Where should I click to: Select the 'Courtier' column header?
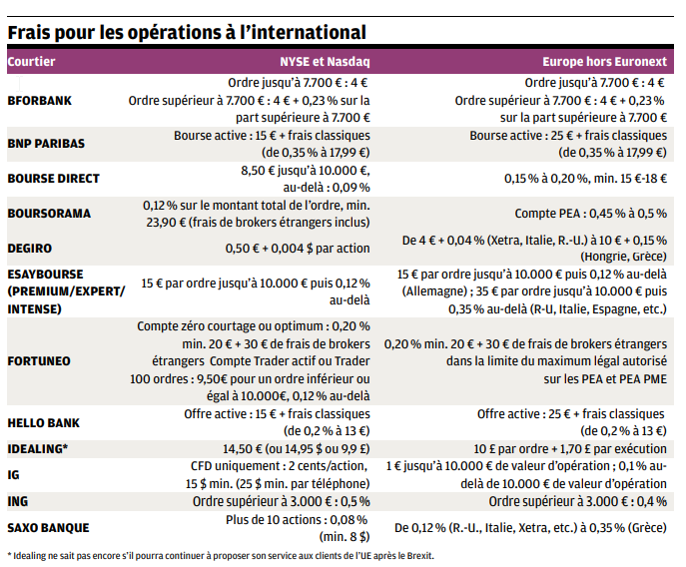[31, 62]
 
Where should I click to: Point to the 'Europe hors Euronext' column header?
[603, 62]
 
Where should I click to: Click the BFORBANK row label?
[40, 101]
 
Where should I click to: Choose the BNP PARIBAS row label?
[46, 143]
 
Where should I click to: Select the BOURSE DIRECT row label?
[53, 179]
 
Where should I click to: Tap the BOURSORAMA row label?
[49, 214]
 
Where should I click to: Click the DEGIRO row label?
[31, 248]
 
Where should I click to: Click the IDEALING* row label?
[38, 448]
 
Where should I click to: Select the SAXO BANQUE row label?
[48, 527]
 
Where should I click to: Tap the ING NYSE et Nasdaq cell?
[281, 500]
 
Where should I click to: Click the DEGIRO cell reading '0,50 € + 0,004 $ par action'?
[286, 248]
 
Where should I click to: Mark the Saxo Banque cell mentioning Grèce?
[530, 527]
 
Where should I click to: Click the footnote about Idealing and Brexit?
[221, 555]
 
